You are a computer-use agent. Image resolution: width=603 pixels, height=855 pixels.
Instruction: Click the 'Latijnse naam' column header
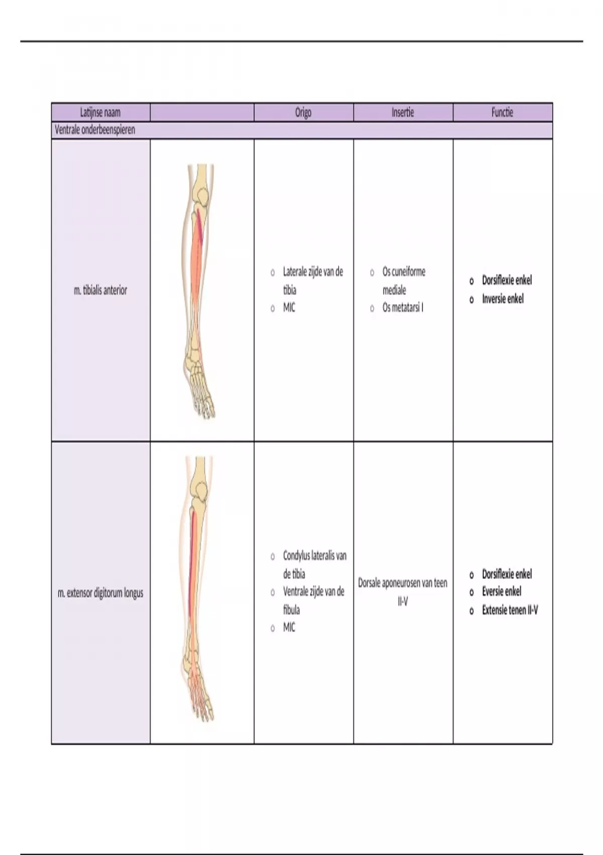pyautogui.click(x=100, y=112)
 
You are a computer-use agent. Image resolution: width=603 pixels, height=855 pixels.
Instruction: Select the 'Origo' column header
pyautogui.click(x=303, y=112)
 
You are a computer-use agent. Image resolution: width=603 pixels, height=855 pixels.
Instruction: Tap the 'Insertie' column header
pyautogui.click(x=403, y=112)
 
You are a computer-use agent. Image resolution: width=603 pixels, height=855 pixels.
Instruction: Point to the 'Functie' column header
pyautogui.click(x=502, y=112)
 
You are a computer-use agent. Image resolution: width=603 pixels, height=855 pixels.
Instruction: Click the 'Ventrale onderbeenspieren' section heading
pyautogui.click(x=95, y=130)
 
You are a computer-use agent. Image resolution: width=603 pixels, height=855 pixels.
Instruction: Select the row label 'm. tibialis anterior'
pyautogui.click(x=100, y=290)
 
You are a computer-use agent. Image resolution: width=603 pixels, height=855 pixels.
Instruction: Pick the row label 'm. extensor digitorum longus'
pyautogui.click(x=100, y=593)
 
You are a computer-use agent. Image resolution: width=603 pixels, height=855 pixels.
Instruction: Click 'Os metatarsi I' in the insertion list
pyautogui.click(x=403, y=308)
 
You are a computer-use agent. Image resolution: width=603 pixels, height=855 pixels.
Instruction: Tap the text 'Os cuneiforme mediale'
pyautogui.click(x=403, y=281)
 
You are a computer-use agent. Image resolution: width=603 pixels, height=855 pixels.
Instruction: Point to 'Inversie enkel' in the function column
pyautogui.click(x=502, y=299)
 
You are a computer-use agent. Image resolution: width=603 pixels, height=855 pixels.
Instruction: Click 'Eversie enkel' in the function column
pyautogui.click(x=501, y=591)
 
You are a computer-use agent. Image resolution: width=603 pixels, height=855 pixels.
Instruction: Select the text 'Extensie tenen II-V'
pyautogui.click(x=510, y=610)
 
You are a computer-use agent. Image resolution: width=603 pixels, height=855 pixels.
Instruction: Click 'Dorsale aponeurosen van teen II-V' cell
pyautogui.click(x=403, y=592)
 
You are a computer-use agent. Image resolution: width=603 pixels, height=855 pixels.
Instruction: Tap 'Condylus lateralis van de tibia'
pyautogui.click(x=314, y=564)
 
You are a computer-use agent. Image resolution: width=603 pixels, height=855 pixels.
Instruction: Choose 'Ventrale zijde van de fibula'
pyautogui.click(x=313, y=601)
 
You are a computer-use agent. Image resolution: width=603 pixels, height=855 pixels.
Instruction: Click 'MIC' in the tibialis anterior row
pyautogui.click(x=289, y=308)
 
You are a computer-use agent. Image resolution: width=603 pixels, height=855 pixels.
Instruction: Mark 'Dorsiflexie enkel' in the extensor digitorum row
pyautogui.click(x=507, y=574)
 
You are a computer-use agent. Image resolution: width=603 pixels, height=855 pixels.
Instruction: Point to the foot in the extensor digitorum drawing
pyautogui.click(x=199, y=694)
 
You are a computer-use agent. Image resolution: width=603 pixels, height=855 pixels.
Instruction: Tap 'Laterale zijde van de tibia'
pyautogui.click(x=313, y=281)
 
